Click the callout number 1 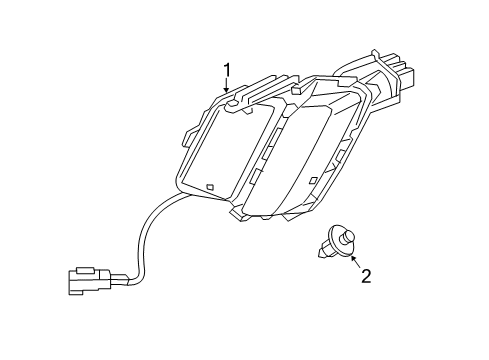click(x=227, y=69)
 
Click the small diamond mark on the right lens click(x=314, y=180)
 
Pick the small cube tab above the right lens click(x=297, y=91)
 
